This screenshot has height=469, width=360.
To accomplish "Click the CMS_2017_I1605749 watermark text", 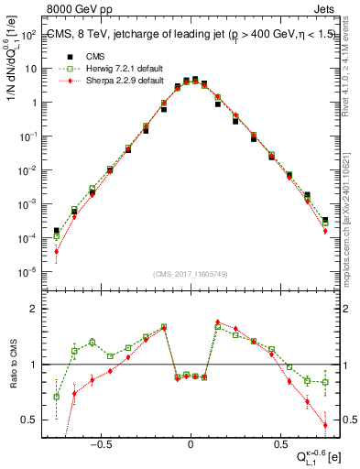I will pos(191,275).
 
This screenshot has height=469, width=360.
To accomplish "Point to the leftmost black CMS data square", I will pos(57,231).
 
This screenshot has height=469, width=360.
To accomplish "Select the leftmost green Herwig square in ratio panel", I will pos(57,397).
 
